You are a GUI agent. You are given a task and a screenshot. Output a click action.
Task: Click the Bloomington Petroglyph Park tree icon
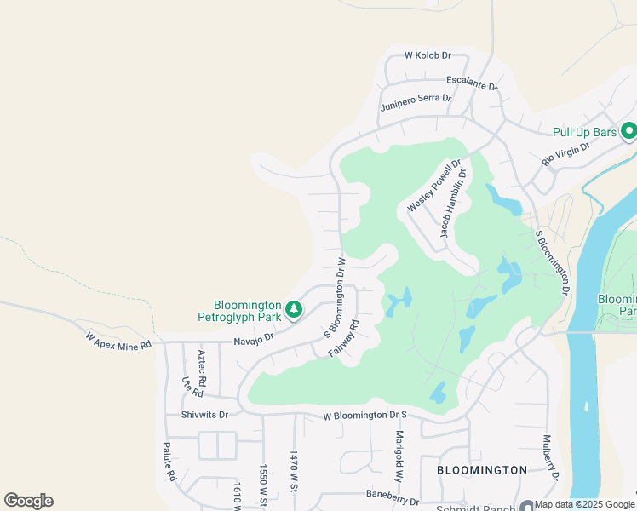(294, 309)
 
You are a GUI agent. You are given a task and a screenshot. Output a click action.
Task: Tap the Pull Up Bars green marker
(629, 131)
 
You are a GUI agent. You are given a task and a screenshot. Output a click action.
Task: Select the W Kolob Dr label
(427, 55)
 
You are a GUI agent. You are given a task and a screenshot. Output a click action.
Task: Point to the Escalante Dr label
(471, 82)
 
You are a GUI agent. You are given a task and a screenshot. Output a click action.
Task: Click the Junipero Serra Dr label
(415, 103)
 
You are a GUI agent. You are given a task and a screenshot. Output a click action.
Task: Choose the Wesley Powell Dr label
(433, 187)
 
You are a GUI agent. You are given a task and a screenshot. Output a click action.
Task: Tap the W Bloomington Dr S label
(366, 416)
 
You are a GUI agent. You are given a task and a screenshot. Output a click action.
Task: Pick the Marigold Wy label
(399, 456)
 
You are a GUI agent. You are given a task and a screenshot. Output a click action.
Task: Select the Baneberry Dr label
(393, 497)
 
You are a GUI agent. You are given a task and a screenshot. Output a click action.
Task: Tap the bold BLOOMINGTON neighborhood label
(482, 470)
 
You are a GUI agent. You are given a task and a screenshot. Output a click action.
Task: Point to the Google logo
(28, 501)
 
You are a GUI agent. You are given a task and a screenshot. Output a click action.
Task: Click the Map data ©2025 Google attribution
(585, 505)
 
